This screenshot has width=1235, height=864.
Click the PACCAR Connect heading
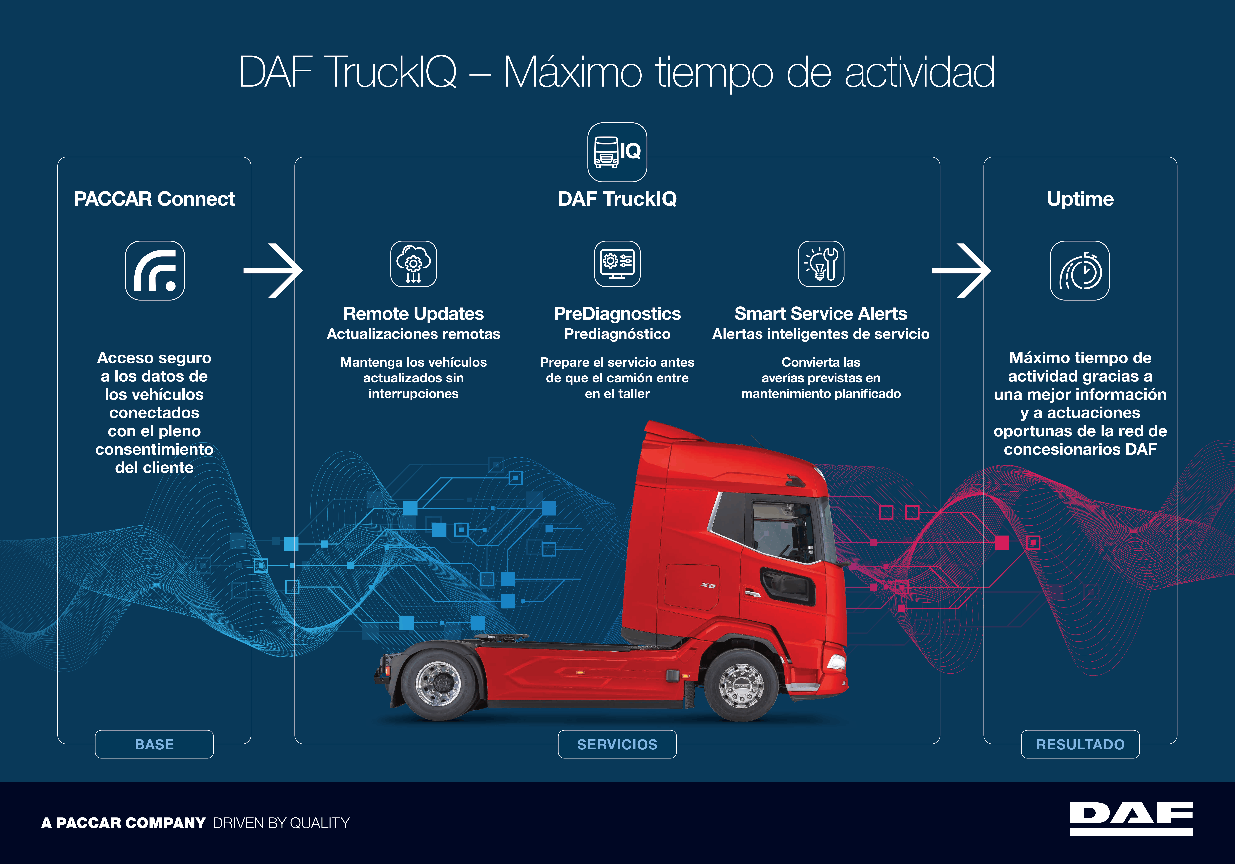pyautogui.click(x=154, y=199)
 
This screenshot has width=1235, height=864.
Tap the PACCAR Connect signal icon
pyautogui.click(x=155, y=270)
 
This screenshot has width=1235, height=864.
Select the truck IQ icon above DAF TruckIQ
pyautogui.click(x=618, y=152)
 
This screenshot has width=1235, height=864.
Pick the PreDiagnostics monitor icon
pyautogui.click(x=618, y=264)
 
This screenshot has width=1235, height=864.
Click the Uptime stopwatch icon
pyautogui.click(x=1080, y=270)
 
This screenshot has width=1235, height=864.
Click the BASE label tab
pyautogui.click(x=154, y=744)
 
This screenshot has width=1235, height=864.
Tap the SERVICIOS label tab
pyautogui.click(x=618, y=744)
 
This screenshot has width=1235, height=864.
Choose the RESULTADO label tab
pyautogui.click(x=1080, y=744)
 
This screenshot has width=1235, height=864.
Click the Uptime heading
pyautogui.click(x=1080, y=199)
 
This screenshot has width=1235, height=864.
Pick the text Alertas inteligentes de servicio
pyautogui.click(x=821, y=334)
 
